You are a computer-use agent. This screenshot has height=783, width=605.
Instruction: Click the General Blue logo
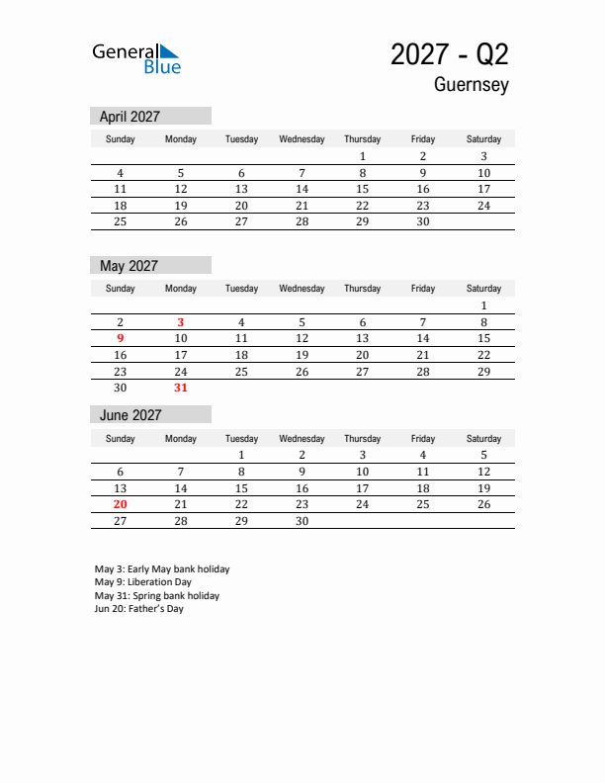click(x=136, y=58)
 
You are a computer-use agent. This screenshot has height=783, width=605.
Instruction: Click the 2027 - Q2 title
click(x=449, y=54)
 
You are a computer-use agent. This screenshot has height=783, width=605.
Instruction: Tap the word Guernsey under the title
click(x=471, y=85)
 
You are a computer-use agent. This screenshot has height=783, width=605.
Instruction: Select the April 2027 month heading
click(x=130, y=117)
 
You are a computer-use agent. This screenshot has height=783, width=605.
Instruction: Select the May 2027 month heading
click(x=130, y=266)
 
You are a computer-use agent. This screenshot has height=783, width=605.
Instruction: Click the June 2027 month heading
click(x=130, y=415)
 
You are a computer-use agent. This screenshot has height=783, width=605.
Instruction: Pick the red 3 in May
click(x=181, y=322)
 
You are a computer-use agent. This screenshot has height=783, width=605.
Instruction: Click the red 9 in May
click(x=121, y=338)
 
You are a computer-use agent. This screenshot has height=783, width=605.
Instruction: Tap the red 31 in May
click(x=181, y=388)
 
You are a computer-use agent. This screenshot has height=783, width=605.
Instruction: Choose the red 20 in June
click(x=121, y=504)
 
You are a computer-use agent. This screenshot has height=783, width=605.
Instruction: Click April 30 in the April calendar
click(x=422, y=221)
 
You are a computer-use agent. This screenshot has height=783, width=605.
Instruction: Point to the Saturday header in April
click(x=483, y=139)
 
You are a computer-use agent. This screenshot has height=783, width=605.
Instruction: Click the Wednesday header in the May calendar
click(x=302, y=289)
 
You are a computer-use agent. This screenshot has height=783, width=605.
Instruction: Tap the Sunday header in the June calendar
click(x=121, y=438)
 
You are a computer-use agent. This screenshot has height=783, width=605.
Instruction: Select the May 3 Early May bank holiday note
click(x=162, y=569)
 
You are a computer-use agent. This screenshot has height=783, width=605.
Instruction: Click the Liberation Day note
click(x=143, y=582)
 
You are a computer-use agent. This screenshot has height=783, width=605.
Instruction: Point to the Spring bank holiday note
click(x=157, y=596)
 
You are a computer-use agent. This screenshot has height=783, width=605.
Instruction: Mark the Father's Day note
click(x=139, y=609)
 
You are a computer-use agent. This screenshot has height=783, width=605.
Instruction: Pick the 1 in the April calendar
click(x=362, y=156)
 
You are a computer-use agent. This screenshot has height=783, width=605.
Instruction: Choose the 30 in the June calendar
click(x=302, y=521)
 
